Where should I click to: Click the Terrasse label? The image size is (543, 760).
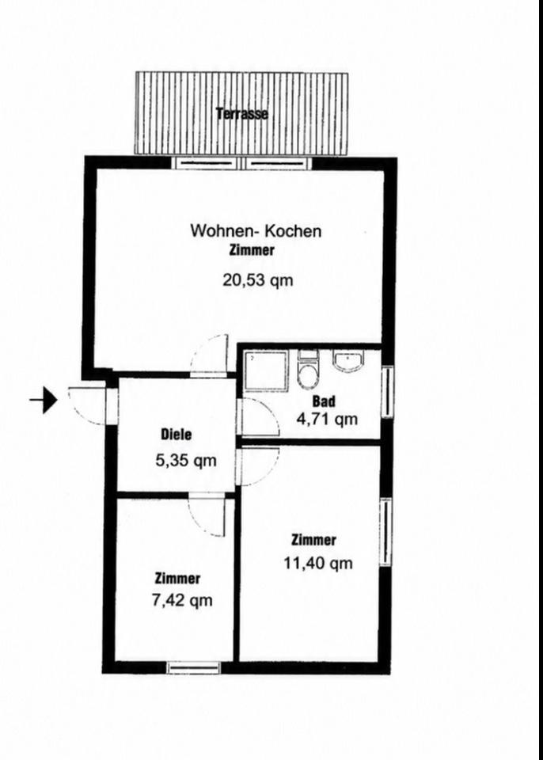tap(242, 114)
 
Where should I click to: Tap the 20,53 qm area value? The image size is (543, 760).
tap(258, 280)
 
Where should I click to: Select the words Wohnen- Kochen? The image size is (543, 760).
tap(256, 230)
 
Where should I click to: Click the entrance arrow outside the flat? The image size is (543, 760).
tap(44, 400)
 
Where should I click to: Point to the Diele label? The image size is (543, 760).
tap(176, 435)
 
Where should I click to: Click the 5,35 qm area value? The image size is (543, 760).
tap(186, 461)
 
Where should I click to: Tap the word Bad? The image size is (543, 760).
tap(324, 401)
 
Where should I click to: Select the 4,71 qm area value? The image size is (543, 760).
tap(327, 418)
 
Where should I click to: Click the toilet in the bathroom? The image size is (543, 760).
tap(307, 370)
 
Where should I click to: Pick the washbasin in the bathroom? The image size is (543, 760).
tap(347, 362)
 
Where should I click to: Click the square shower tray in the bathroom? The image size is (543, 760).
tap(266, 371)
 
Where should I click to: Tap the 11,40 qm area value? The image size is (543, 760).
tap(318, 563)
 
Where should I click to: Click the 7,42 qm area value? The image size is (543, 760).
tap(182, 601)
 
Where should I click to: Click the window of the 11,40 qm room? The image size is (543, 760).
tap(385, 532)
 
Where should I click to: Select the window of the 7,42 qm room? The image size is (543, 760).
tap(193, 668)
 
